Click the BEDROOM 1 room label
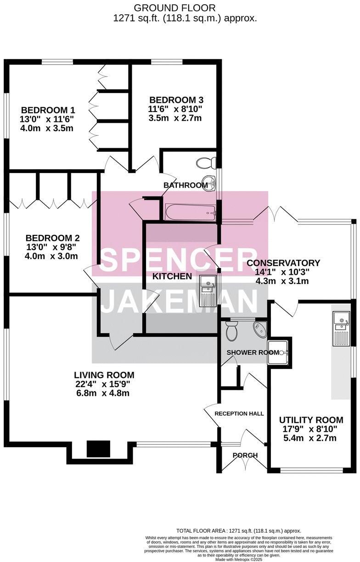[x=48, y=110]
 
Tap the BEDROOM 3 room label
[x=176, y=100]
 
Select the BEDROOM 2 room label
[x=52, y=238]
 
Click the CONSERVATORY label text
[x=283, y=263]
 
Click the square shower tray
[x=278, y=352]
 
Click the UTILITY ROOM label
[x=311, y=420]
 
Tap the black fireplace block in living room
[x=99, y=449]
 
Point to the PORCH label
[x=245, y=455]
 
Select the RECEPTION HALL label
[x=239, y=413]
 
